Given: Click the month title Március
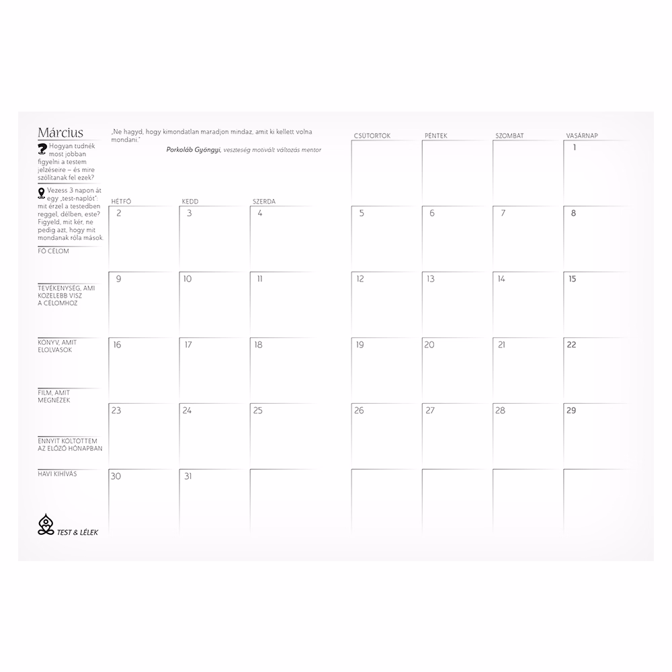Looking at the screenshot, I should pyautogui.click(x=60, y=132).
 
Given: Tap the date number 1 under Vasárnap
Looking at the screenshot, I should pyautogui.click(x=575, y=148).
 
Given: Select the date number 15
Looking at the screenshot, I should pyautogui.click(x=572, y=279).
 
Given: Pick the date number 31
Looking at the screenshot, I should pyautogui.click(x=187, y=476).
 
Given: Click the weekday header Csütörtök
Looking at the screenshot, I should pyautogui.click(x=372, y=136).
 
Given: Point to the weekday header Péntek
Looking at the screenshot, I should pyautogui.click(x=437, y=136).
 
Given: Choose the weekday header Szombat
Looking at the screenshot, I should pyautogui.click(x=509, y=136).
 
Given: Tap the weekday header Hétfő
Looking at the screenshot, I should pyautogui.click(x=120, y=202).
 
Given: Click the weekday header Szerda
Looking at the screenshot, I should pyautogui.click(x=264, y=202).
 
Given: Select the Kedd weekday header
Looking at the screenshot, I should pyautogui.click(x=190, y=202).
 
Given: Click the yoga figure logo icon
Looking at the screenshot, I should pyautogui.click(x=46, y=524).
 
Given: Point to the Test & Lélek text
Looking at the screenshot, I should pyautogui.click(x=78, y=531).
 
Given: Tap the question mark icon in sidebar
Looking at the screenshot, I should pyautogui.click(x=43, y=148).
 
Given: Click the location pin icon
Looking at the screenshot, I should pyautogui.click(x=42, y=193).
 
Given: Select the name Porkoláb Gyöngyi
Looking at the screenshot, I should pyautogui.click(x=193, y=150).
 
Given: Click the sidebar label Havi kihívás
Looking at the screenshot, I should pyautogui.click(x=58, y=474).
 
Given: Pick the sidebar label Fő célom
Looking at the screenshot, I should pyautogui.click(x=54, y=251).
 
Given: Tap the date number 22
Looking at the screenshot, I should pyautogui.click(x=572, y=345).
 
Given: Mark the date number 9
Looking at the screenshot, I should pyautogui.click(x=119, y=279).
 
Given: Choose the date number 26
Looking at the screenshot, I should pyautogui.click(x=359, y=411).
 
